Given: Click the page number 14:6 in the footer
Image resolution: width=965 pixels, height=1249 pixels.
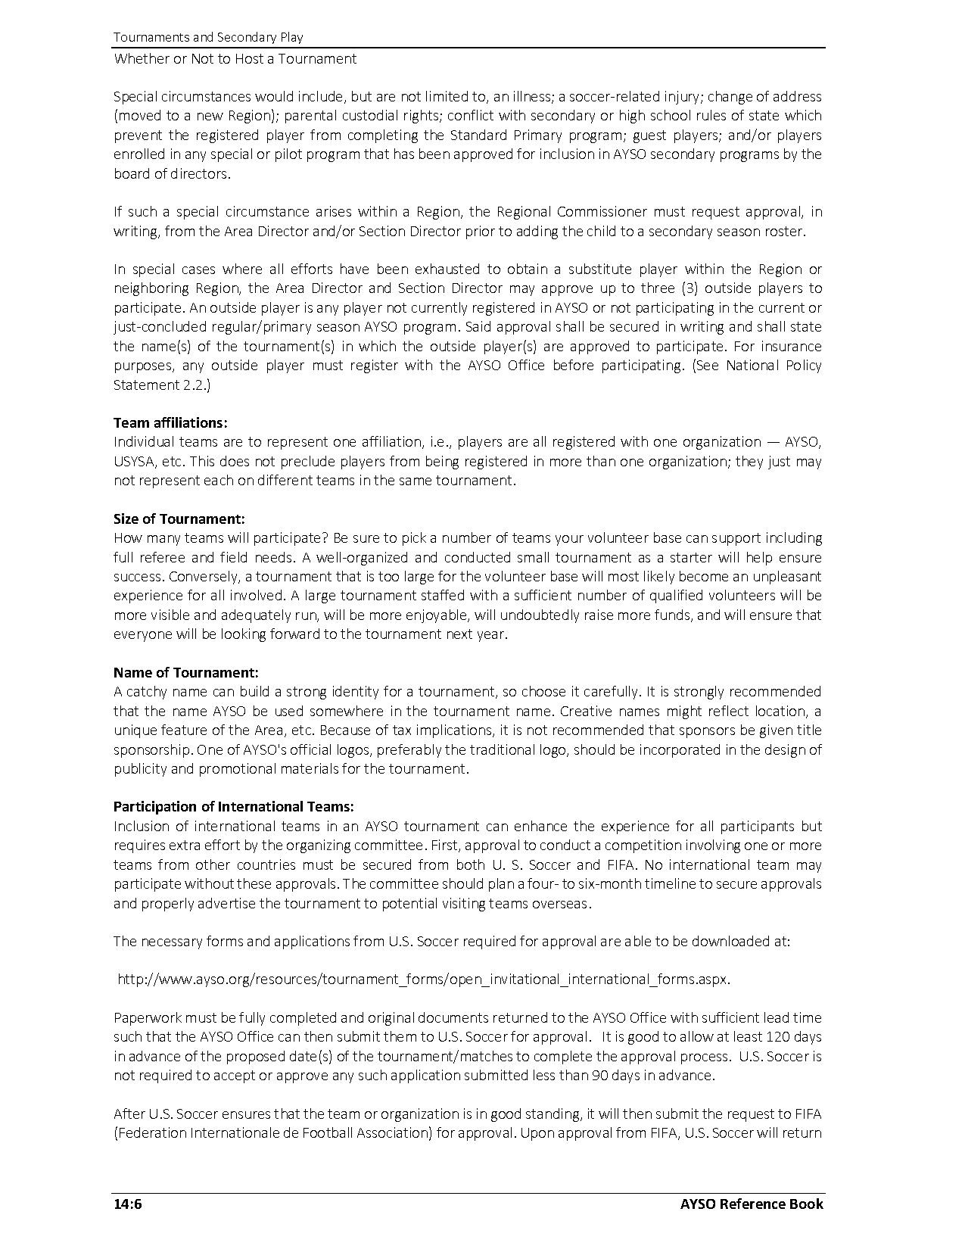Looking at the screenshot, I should point(128,1204).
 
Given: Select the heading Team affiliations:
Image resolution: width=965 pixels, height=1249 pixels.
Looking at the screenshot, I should point(170,422).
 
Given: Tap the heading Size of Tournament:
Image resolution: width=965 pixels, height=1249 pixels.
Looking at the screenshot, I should point(179,519).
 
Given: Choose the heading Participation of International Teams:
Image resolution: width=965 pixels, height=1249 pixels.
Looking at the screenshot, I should point(234,806).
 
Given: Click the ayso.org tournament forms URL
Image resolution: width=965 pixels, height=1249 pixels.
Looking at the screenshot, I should point(424,979).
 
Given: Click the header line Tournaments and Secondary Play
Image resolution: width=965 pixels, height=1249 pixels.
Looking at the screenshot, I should point(208,37).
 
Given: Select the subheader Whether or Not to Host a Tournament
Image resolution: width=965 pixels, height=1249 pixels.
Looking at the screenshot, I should point(235,58).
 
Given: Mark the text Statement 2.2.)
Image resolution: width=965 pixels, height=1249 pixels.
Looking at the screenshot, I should point(162,385).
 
